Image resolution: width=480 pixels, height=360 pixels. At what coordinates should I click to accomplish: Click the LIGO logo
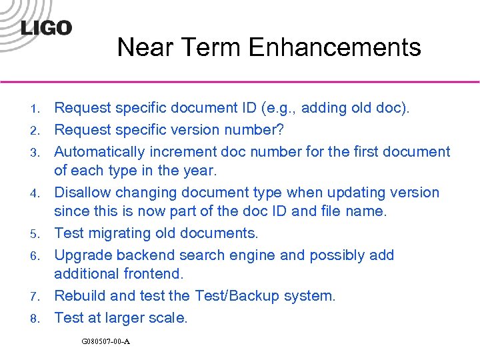[x=46, y=28]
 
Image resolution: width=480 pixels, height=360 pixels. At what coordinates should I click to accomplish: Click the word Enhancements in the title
[x=334, y=48]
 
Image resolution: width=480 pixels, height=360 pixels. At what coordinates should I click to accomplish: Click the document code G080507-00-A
[x=105, y=341]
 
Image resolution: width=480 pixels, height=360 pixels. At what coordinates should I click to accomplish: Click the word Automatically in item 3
[x=99, y=151]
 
